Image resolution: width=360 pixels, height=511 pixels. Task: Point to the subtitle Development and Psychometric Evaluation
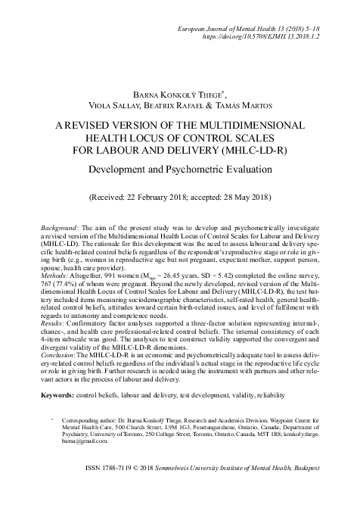click(x=179, y=170)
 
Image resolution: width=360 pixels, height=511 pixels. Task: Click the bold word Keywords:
click(x=64, y=395)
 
